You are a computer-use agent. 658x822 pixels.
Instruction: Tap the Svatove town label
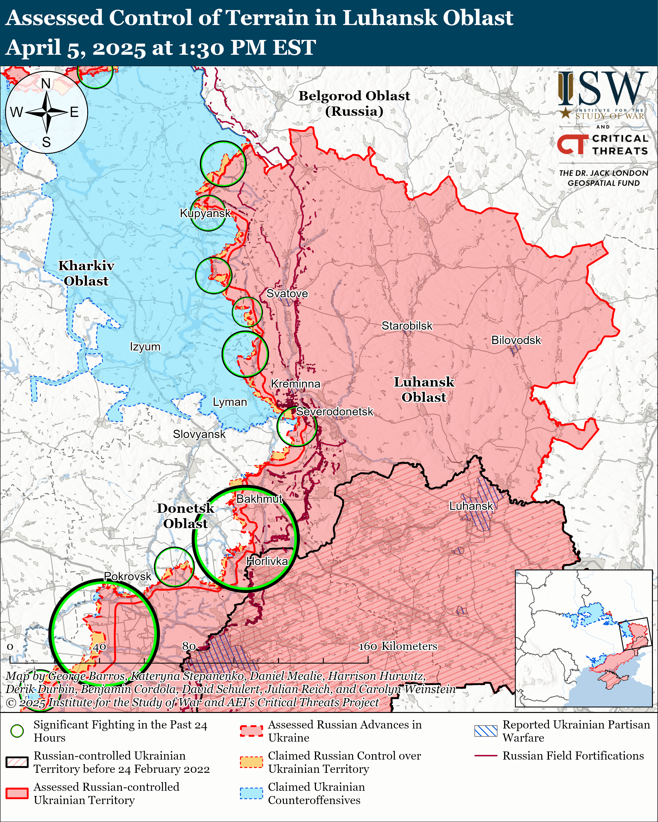[287, 293]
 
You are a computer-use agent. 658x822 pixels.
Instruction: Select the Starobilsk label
[407, 326]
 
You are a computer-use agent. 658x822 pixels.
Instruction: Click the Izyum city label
[145, 347]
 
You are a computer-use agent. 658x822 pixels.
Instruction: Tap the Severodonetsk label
[334, 412]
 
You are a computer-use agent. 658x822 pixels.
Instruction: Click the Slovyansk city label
[199, 434]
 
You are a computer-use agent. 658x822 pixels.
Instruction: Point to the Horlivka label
[267, 561]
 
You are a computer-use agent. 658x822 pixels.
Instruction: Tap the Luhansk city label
[471, 506]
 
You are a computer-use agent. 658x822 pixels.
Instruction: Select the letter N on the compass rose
[46, 84]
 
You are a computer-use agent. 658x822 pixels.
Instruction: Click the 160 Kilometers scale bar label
[398, 646]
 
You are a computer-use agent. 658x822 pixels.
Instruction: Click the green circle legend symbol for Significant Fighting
[17, 731]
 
